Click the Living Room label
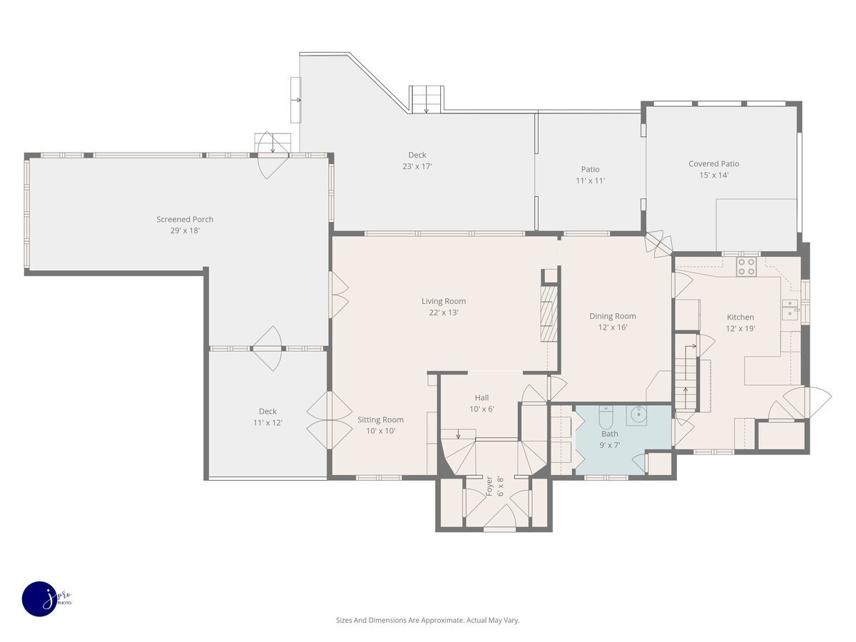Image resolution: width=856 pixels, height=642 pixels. tap(444, 301)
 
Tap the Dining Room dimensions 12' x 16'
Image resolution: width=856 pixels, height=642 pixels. tap(613, 327)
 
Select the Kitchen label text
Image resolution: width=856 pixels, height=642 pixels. tap(740, 317)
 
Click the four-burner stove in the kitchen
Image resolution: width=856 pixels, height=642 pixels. tap(746, 267)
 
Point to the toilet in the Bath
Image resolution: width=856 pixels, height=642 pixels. tap(606, 417)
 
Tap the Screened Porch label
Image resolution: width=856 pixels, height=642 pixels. tap(185, 220)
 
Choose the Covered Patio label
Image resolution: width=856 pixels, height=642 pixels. tap(713, 164)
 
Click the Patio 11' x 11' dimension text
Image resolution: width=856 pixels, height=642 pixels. tap(591, 180)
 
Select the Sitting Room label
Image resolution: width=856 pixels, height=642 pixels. tap(380, 420)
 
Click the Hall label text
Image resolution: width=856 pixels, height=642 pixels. tap(481, 397)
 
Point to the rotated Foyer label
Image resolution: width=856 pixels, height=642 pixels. tap(489, 486)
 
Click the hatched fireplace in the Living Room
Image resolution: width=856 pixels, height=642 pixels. tap(549, 314)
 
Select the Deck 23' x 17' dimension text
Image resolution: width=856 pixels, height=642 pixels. tap(417, 166)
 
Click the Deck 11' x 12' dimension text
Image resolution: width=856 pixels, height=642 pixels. tap(267, 422)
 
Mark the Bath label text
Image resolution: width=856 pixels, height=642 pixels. tap(609, 434)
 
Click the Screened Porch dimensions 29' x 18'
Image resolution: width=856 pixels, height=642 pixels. tap(185, 230)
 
